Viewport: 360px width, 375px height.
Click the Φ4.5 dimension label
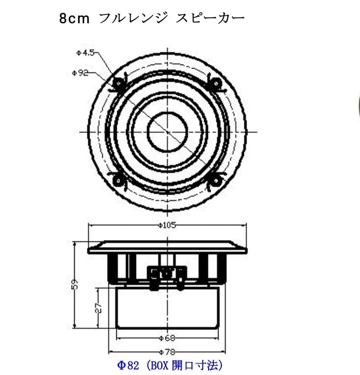tap(85, 53)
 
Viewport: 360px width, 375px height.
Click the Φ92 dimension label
tap(81, 73)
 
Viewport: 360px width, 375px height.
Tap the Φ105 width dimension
tap(167, 225)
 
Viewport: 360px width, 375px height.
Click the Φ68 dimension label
tap(167, 338)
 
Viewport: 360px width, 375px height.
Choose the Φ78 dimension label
tap(167, 352)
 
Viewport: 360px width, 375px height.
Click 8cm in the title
tap(74, 18)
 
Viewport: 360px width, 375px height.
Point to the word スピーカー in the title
tap(210, 18)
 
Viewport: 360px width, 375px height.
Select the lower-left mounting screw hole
tap(117, 180)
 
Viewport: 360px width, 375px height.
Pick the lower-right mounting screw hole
tap(215, 180)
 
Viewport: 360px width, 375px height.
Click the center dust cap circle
tap(167, 132)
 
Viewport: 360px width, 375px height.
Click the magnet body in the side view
tap(167, 308)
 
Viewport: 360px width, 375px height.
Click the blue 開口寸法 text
tap(198, 365)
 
